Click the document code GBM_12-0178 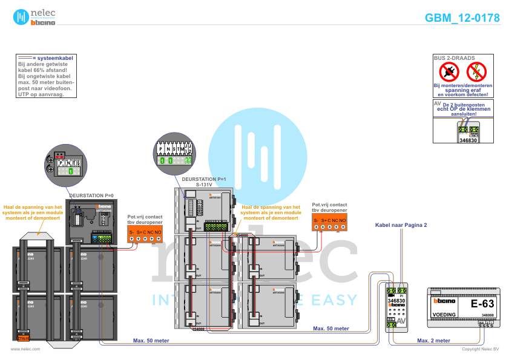pyautogui.click(x=462, y=18)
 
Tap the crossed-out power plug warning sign pyautogui.click(x=449, y=73)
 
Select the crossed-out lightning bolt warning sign pyautogui.click(x=476, y=73)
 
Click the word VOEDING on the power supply pyautogui.click(x=444, y=315)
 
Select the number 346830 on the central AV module pyautogui.click(x=396, y=301)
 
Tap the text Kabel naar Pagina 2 pyautogui.click(x=401, y=225)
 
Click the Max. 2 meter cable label pyautogui.click(x=433, y=341)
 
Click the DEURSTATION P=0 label pyautogui.click(x=91, y=196)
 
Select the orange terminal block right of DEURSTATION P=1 pyautogui.click(x=329, y=222)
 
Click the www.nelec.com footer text pyautogui.click(x=25, y=349)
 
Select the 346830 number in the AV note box pyautogui.click(x=468, y=140)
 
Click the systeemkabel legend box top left pyautogui.click(x=45, y=76)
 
